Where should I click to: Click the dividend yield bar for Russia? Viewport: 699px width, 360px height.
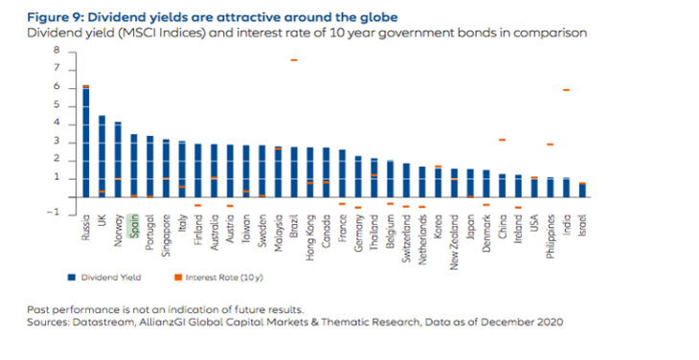[85, 144]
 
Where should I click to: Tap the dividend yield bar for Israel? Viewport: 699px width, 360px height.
[581, 191]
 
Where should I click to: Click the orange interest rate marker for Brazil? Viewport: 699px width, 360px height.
[293, 60]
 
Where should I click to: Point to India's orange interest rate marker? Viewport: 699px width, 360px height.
[566, 90]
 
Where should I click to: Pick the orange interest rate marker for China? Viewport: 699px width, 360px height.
[502, 140]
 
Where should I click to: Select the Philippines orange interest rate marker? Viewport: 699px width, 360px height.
[550, 145]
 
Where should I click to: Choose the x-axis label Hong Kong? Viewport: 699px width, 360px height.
[309, 230]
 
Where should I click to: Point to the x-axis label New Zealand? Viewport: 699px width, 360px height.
[453, 232]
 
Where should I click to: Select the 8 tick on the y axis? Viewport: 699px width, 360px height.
[57, 51]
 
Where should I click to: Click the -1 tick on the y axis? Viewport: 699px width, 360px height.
[56, 214]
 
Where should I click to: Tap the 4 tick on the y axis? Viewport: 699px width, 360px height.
[57, 124]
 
